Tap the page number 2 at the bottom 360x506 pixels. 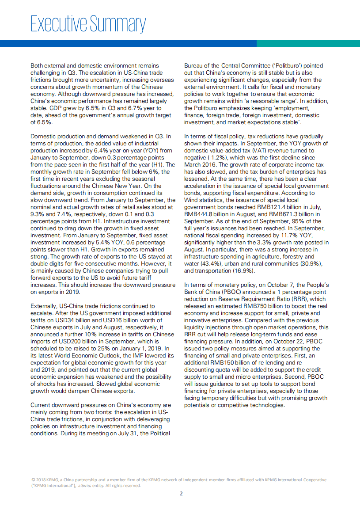point(180,494)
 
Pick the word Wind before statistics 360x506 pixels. point(192,200)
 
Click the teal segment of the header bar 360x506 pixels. point(308,43)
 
